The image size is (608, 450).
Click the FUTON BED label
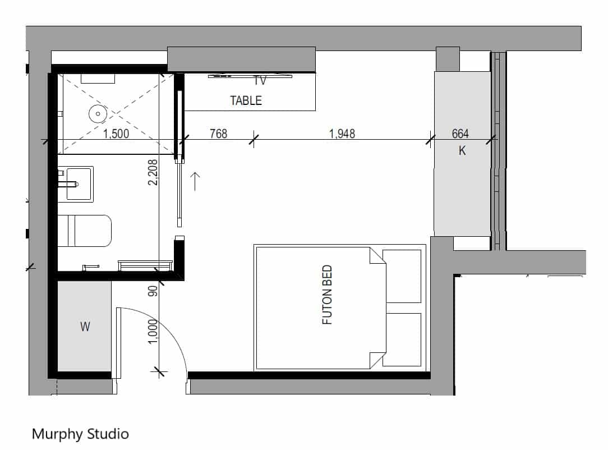coord(327,295)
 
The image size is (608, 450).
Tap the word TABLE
coord(246,100)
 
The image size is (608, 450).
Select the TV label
coord(260,81)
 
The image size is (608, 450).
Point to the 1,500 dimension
coord(116,134)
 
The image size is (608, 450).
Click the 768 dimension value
coord(218,134)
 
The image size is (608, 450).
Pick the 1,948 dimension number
coord(342,134)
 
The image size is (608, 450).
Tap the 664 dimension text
coord(460,134)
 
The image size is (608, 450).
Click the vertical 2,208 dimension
coord(153,172)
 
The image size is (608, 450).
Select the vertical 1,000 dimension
coord(153,331)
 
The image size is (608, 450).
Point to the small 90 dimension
coord(153,291)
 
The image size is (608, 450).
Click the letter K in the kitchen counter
coord(462,150)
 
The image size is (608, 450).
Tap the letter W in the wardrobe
coord(85,327)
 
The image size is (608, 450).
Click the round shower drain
coord(98,114)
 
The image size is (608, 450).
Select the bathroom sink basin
coord(80,184)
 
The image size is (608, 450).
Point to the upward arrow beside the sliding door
coord(195,182)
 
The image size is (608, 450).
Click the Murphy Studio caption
coord(80,434)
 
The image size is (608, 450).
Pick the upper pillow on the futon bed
coord(402,276)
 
